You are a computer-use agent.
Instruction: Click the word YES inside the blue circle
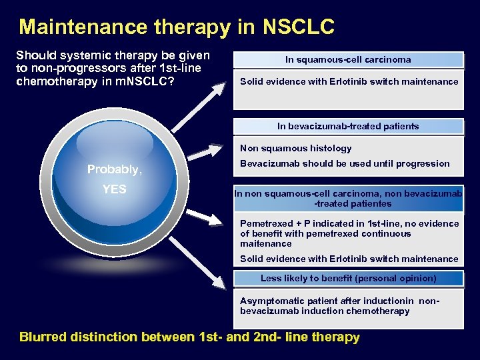115,189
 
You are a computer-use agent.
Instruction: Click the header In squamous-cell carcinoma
348,59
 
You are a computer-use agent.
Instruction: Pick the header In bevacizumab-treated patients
348,126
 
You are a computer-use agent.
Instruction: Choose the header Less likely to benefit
348,278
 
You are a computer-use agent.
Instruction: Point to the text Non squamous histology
295,148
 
